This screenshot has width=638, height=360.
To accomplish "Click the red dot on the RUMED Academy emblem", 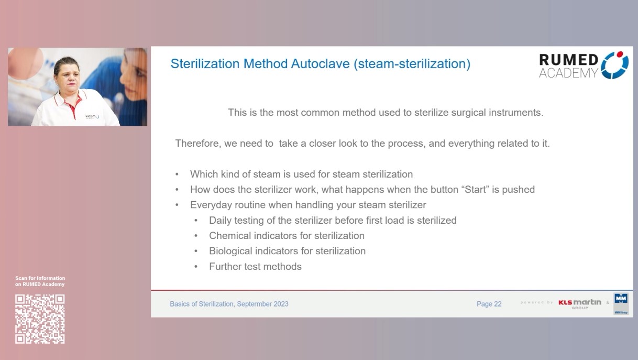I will tap(621, 54).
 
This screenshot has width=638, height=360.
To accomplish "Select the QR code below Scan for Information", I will tap(40, 319).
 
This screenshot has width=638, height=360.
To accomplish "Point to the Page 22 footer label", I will tap(489, 304).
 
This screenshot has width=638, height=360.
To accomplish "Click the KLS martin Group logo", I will tap(579, 303).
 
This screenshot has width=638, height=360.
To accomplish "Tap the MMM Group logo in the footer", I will tap(621, 304).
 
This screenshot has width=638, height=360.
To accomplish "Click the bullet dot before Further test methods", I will tap(196, 267).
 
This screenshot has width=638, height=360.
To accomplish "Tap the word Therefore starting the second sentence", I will tap(197, 144).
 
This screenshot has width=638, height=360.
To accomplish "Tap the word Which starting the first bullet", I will tap(202, 174).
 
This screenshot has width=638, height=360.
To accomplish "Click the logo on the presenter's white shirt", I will tap(92, 116).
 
